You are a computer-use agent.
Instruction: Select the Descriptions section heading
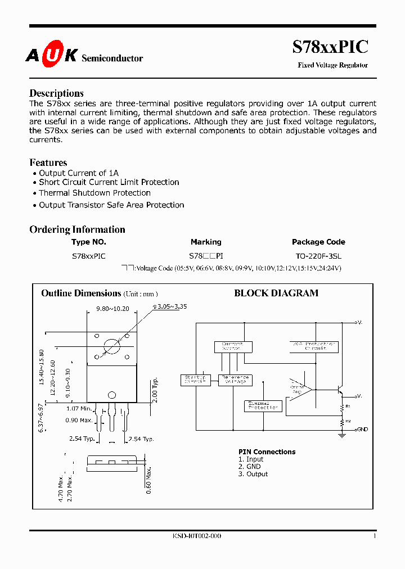56,93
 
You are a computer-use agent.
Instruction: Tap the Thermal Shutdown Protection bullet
94,193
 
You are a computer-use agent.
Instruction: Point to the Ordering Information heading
77,229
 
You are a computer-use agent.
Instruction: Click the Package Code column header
318,242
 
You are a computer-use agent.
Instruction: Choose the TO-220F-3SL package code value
318,255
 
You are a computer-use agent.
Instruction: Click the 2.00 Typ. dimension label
155,389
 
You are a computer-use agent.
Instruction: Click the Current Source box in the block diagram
232,346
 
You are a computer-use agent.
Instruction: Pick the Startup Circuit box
195,380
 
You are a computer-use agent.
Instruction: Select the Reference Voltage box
235,380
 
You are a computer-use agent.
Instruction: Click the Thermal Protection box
263,405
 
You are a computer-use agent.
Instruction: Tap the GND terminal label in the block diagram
362,429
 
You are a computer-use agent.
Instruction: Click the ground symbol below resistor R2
341,434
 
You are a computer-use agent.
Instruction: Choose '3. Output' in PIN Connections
253,474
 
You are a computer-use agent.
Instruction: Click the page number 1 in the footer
374,536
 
